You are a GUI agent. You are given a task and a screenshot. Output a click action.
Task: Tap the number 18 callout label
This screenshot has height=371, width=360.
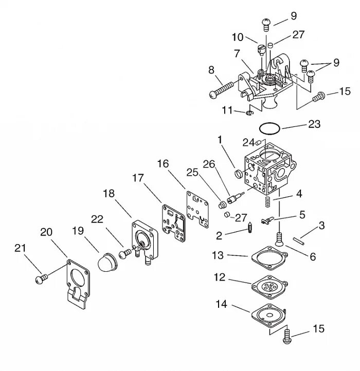coord(109,193)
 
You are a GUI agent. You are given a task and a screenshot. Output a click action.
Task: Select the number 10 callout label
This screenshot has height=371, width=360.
coord(237,37)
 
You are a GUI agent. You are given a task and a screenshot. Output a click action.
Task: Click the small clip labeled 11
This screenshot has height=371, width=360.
coord(249,112)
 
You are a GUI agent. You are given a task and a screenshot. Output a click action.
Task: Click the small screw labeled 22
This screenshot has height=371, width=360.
coord(125,253)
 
